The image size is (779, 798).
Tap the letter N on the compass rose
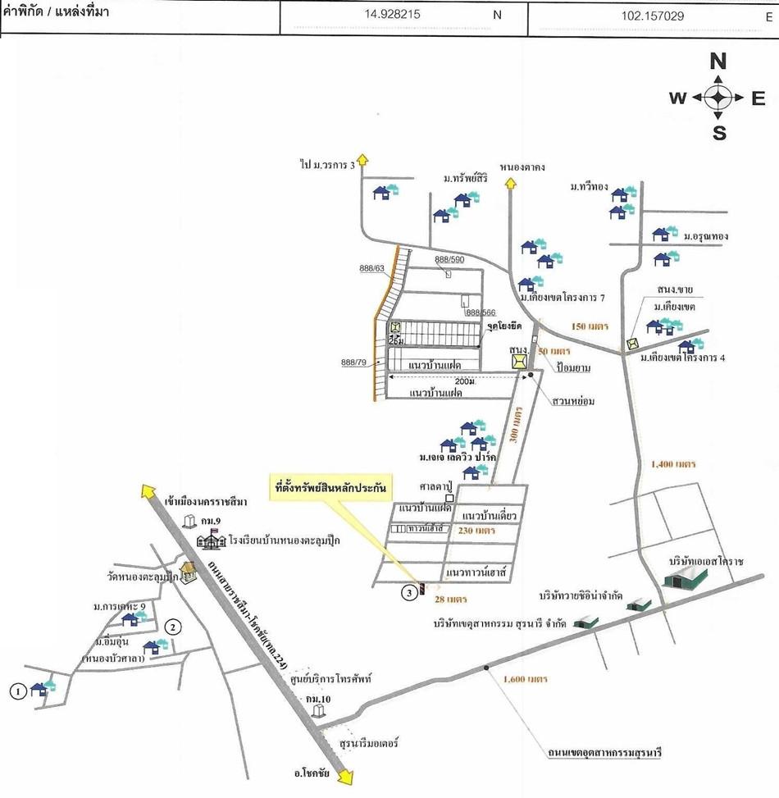click(x=718, y=62)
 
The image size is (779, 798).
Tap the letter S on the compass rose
click(x=719, y=133)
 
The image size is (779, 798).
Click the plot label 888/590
click(x=449, y=260)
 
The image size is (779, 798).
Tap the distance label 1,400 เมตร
click(x=672, y=464)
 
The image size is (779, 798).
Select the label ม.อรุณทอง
click(x=706, y=236)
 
